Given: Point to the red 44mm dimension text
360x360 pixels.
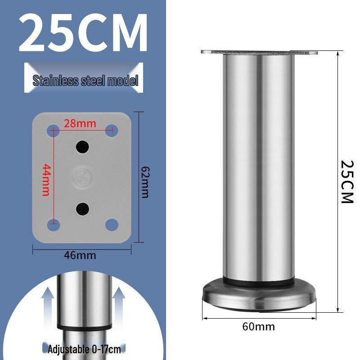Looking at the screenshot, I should (45, 180).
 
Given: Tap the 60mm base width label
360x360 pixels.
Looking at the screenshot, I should (258, 326).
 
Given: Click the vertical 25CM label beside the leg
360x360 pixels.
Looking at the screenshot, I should (347, 181).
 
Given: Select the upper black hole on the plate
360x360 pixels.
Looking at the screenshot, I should (82, 146).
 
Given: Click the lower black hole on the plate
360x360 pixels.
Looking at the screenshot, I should (82, 208).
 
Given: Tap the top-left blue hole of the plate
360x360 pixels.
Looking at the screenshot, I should (53, 131).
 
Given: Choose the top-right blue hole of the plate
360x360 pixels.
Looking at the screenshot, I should (112, 131).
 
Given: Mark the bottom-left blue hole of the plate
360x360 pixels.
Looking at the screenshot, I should (53, 224).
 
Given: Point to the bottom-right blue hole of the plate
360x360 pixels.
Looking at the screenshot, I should (112, 224).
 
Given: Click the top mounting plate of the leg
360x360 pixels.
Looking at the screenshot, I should (259, 53).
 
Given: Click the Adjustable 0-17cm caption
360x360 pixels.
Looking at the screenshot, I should (84, 349).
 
